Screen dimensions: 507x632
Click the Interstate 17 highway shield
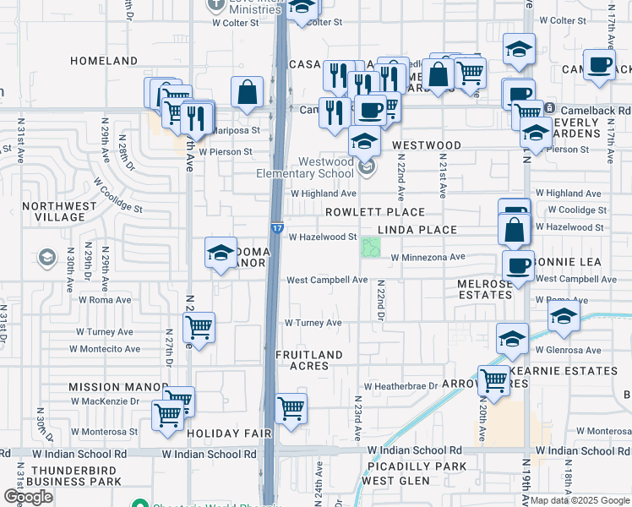[277, 228]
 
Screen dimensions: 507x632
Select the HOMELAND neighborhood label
[104, 62]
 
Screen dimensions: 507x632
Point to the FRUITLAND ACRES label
[309, 360]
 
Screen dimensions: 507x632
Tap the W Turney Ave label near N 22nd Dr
[313, 323]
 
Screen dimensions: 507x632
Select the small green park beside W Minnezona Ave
[369, 248]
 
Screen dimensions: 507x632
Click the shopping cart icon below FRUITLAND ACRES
[291, 409]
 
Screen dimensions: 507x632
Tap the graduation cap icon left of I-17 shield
[221, 252]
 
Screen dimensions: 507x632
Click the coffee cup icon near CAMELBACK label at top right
[599, 65]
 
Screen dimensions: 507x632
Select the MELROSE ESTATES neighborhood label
[485, 289]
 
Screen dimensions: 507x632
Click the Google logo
[29, 497]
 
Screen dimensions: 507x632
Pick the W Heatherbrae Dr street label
[396, 385]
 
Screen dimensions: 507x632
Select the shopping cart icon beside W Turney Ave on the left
[199, 327]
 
